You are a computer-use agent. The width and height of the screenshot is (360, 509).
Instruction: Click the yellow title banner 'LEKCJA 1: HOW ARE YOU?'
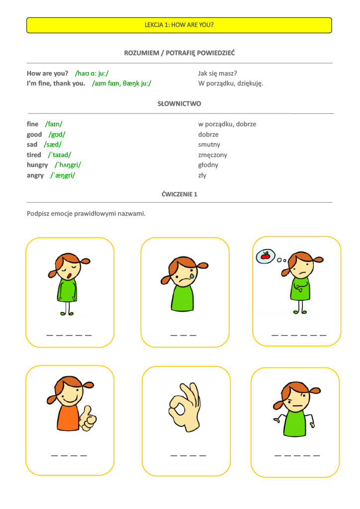tap(179, 25)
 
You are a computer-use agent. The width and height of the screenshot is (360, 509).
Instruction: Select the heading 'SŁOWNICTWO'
tap(179, 104)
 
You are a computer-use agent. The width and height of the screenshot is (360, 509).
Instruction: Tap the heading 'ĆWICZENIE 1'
tap(180, 194)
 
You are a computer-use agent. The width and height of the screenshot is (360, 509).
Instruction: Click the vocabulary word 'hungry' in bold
tap(37, 165)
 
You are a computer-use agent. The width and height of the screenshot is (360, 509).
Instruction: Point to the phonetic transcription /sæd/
tap(53, 145)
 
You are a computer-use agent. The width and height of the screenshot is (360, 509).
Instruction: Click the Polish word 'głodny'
tap(208, 165)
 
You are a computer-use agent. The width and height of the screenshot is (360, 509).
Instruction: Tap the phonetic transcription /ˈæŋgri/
tap(63, 175)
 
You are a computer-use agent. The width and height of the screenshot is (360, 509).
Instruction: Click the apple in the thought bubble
tap(265, 256)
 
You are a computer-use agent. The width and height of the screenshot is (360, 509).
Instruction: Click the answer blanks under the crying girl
tap(183, 336)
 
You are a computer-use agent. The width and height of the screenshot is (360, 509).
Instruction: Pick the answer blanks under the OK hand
tap(188, 455)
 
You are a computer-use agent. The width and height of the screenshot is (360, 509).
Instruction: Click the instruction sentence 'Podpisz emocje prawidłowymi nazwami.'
tap(86, 214)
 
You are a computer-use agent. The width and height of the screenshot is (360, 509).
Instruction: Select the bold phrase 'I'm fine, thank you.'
tap(56, 84)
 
